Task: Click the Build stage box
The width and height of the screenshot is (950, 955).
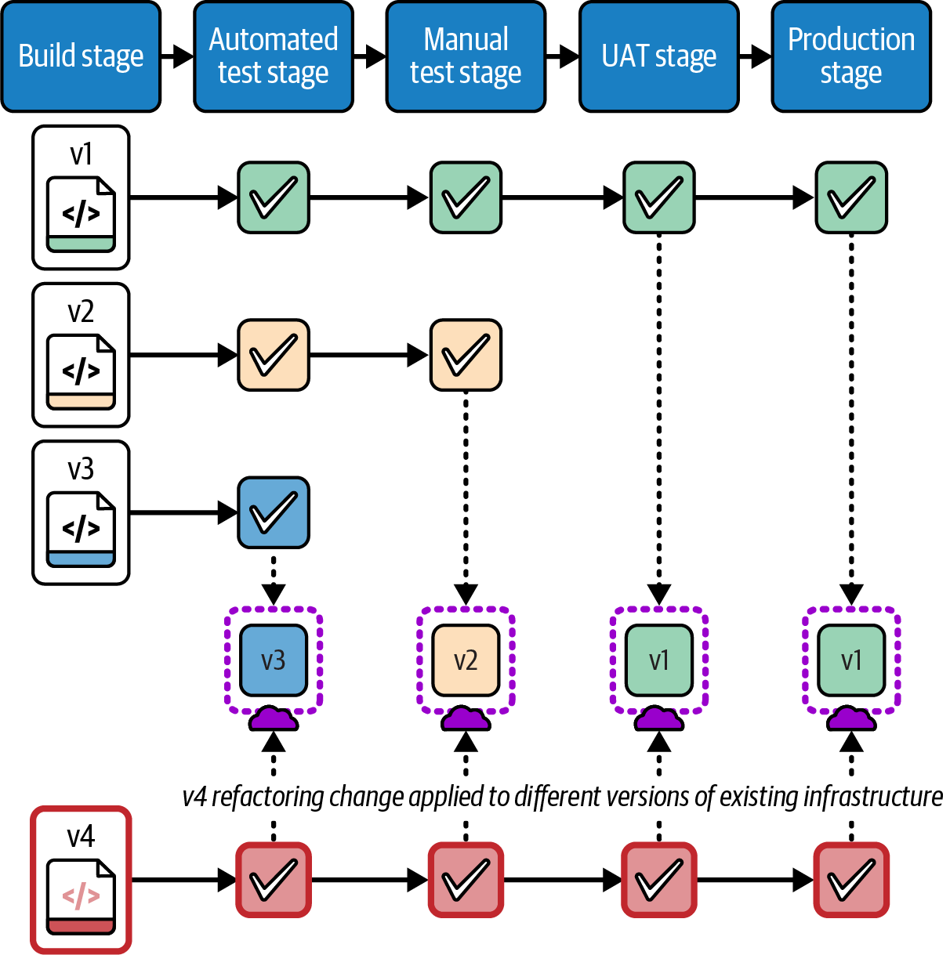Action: coord(81,56)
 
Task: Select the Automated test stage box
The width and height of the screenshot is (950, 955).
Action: coord(274,56)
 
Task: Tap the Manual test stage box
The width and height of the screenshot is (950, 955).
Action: coord(466,56)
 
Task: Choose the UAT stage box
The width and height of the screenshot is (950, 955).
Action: coord(658,56)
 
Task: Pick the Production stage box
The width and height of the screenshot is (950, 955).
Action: coord(851,56)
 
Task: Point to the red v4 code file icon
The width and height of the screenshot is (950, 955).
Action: coord(81,896)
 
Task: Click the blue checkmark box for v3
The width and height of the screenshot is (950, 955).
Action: coord(274,512)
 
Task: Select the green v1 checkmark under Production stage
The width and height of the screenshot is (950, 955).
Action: coord(851,197)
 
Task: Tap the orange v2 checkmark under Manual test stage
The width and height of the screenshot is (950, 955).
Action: coord(466,355)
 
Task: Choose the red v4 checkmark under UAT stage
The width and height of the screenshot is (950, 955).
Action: coord(658,880)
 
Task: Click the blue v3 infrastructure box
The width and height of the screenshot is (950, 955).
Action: coord(274,660)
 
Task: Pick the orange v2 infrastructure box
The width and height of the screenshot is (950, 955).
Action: coord(466,660)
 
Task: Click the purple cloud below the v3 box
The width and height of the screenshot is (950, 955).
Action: coord(274,718)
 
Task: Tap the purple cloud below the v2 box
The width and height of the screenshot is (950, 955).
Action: coord(466,718)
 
